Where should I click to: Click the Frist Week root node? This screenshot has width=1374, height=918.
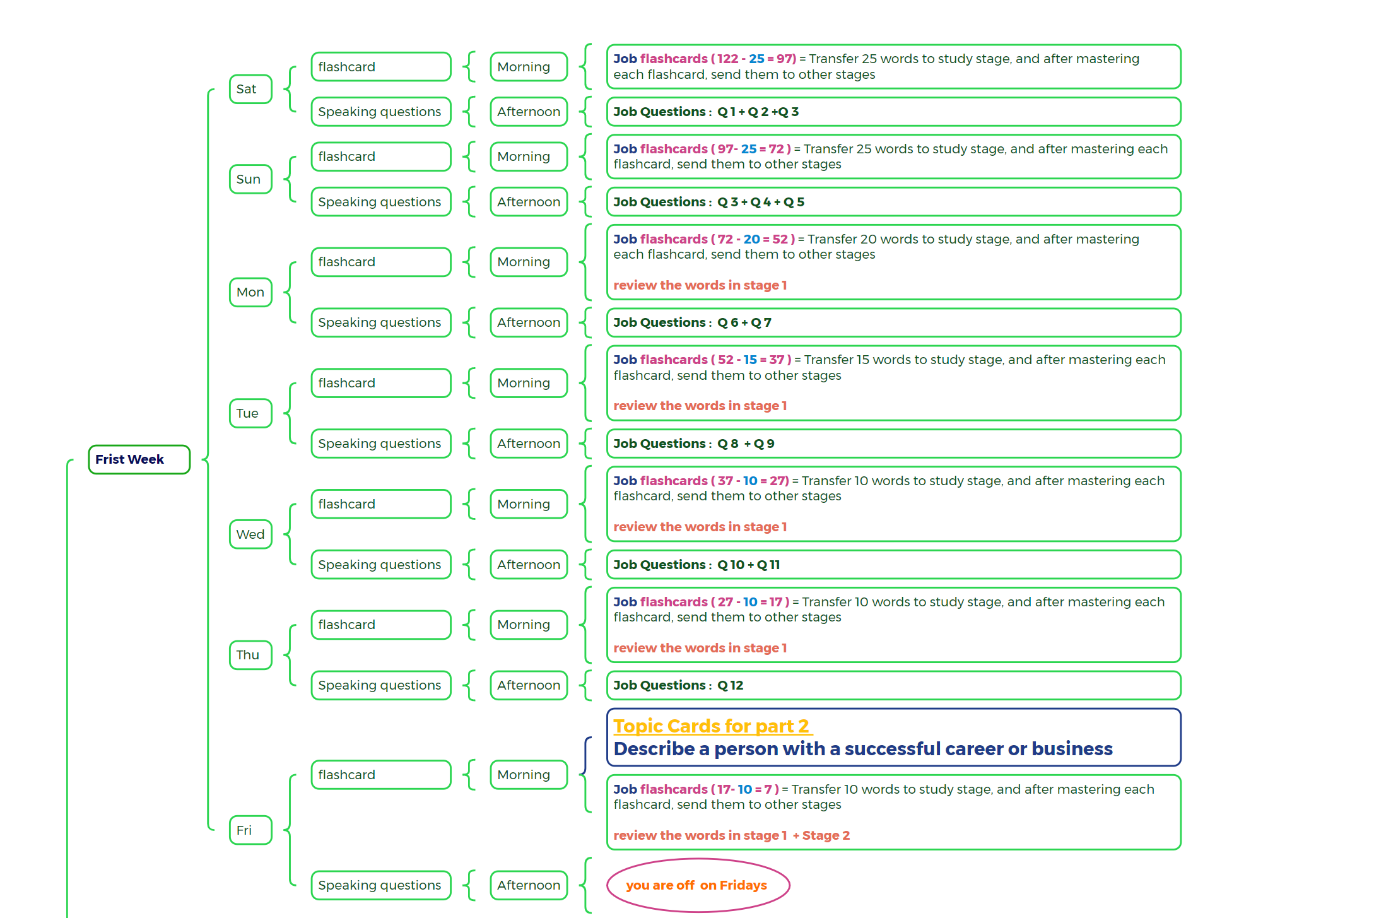click(x=139, y=459)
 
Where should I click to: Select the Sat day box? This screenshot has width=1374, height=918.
click(x=250, y=89)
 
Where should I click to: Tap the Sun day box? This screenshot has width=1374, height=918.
click(x=250, y=179)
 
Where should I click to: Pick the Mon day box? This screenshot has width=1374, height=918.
click(x=250, y=292)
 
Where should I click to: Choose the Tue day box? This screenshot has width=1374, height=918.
click(x=250, y=413)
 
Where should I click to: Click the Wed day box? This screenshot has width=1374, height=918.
click(x=250, y=534)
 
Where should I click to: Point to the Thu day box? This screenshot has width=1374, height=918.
click(x=250, y=655)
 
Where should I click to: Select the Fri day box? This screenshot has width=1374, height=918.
click(x=250, y=830)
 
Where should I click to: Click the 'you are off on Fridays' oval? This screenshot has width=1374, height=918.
click(x=698, y=885)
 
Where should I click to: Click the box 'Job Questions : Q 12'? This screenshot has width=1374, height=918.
click(x=893, y=685)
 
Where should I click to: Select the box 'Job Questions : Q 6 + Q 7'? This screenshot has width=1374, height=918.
click(x=893, y=322)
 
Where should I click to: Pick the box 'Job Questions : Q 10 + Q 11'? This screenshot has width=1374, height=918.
click(x=893, y=565)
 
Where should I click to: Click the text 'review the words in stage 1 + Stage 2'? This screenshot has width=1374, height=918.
click(x=731, y=835)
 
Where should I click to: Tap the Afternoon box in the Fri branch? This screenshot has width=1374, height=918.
click(x=529, y=885)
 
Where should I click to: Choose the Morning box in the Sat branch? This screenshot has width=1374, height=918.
click(x=529, y=67)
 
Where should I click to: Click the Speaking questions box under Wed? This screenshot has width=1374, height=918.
click(x=381, y=565)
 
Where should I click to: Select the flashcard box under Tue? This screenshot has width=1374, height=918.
click(x=381, y=383)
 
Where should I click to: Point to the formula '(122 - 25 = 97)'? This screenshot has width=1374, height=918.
click(x=754, y=59)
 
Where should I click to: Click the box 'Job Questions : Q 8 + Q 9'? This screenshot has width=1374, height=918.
click(x=893, y=444)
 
